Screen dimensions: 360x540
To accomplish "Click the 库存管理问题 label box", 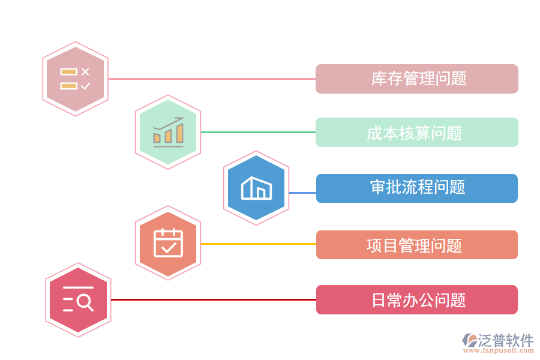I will pyautogui.click(x=416, y=79).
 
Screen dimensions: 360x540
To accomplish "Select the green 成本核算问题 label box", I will pyautogui.click(x=416, y=132).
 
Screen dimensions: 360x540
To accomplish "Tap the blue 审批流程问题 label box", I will pyautogui.click(x=416, y=188).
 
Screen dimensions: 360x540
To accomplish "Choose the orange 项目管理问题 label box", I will pyautogui.click(x=416, y=245).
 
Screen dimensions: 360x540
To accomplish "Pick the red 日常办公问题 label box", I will pyautogui.click(x=416, y=299).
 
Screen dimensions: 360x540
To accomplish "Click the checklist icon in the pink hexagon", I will pyautogui.click(x=75, y=79).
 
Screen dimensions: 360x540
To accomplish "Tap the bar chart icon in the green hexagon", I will pyautogui.click(x=168, y=132).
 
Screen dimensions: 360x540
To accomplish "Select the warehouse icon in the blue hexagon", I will pyautogui.click(x=256, y=188).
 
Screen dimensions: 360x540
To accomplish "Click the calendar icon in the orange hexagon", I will pyautogui.click(x=168, y=243).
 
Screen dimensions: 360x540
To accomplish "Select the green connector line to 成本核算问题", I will pyautogui.click(x=258, y=132).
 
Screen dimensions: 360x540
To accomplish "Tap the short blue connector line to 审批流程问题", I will pyautogui.click(x=302, y=193).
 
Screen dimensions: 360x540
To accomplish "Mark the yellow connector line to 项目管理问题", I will pyautogui.click(x=258, y=244).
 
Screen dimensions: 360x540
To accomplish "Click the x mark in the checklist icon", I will pyautogui.click(x=85, y=71).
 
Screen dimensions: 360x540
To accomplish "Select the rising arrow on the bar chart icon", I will pyautogui.click(x=170, y=122).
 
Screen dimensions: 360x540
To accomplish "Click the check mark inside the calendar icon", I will pyautogui.click(x=169, y=246).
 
